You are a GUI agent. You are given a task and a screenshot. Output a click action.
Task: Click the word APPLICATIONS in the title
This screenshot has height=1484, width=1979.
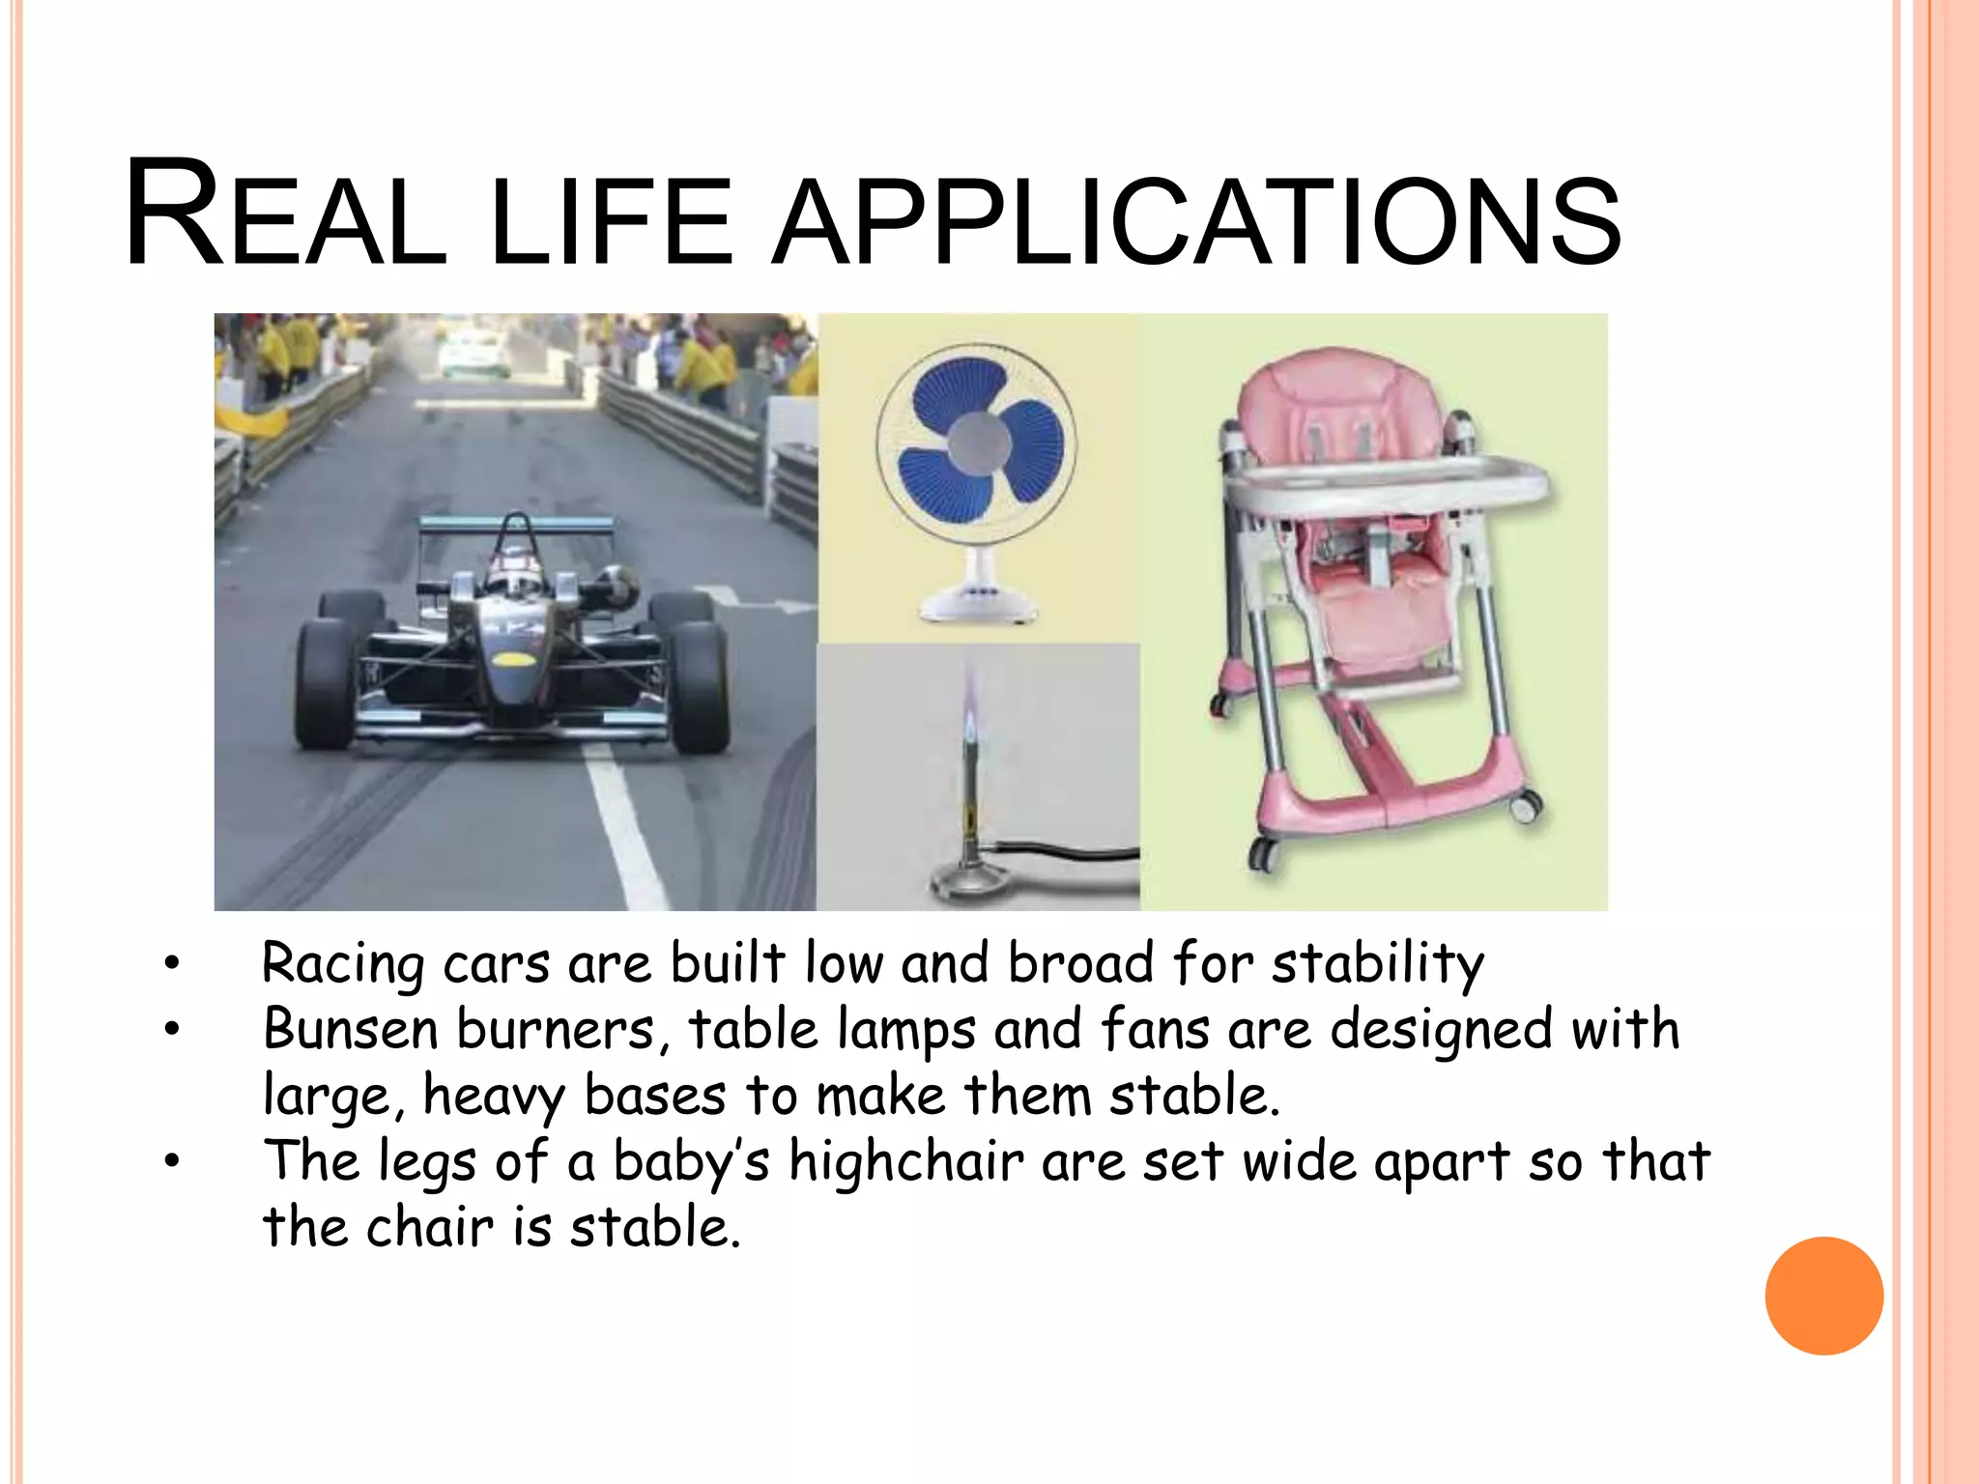[x=1195, y=218]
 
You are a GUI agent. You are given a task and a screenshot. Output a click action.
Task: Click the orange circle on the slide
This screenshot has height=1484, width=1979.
[x=1823, y=1296]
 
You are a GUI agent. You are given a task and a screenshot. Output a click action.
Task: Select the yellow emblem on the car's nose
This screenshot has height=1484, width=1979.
[x=514, y=660]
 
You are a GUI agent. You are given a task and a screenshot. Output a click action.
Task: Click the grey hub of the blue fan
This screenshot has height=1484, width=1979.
[x=978, y=442]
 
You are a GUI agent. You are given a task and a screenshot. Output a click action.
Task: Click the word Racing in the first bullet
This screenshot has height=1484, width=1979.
[x=342, y=963]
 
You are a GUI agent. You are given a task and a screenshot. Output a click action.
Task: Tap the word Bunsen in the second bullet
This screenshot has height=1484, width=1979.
[x=351, y=1029]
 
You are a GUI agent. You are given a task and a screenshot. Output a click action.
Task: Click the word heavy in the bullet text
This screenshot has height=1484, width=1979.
[x=493, y=1097]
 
